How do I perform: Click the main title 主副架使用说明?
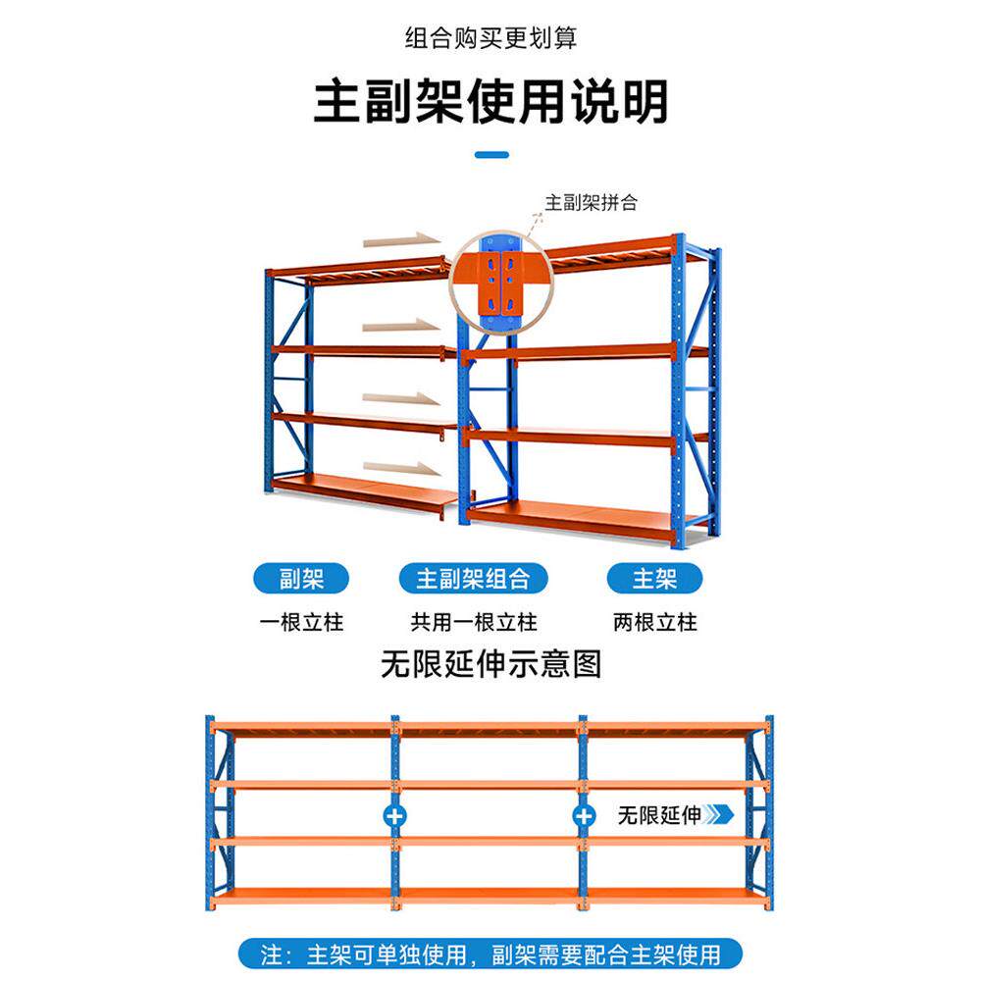(x=490, y=102)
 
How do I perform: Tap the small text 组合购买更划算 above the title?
(x=490, y=38)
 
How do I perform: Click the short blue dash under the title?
(x=491, y=154)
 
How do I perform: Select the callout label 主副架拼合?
(x=591, y=203)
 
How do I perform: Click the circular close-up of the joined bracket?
(x=500, y=279)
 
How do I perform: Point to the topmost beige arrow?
(x=403, y=239)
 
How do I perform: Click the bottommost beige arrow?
(x=403, y=469)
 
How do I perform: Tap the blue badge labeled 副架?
(x=301, y=579)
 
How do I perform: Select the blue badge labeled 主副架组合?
(x=473, y=579)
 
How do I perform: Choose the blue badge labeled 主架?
(x=654, y=579)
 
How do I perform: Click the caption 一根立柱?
(x=301, y=622)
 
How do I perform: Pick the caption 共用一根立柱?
(x=473, y=622)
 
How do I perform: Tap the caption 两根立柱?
(x=654, y=622)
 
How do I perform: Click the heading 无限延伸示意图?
(x=490, y=665)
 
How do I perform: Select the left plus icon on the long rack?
(x=397, y=815)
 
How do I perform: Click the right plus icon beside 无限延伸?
(x=585, y=815)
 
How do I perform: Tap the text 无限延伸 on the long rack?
(x=658, y=815)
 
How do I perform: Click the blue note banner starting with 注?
(x=490, y=954)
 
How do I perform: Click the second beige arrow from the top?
(x=403, y=325)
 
